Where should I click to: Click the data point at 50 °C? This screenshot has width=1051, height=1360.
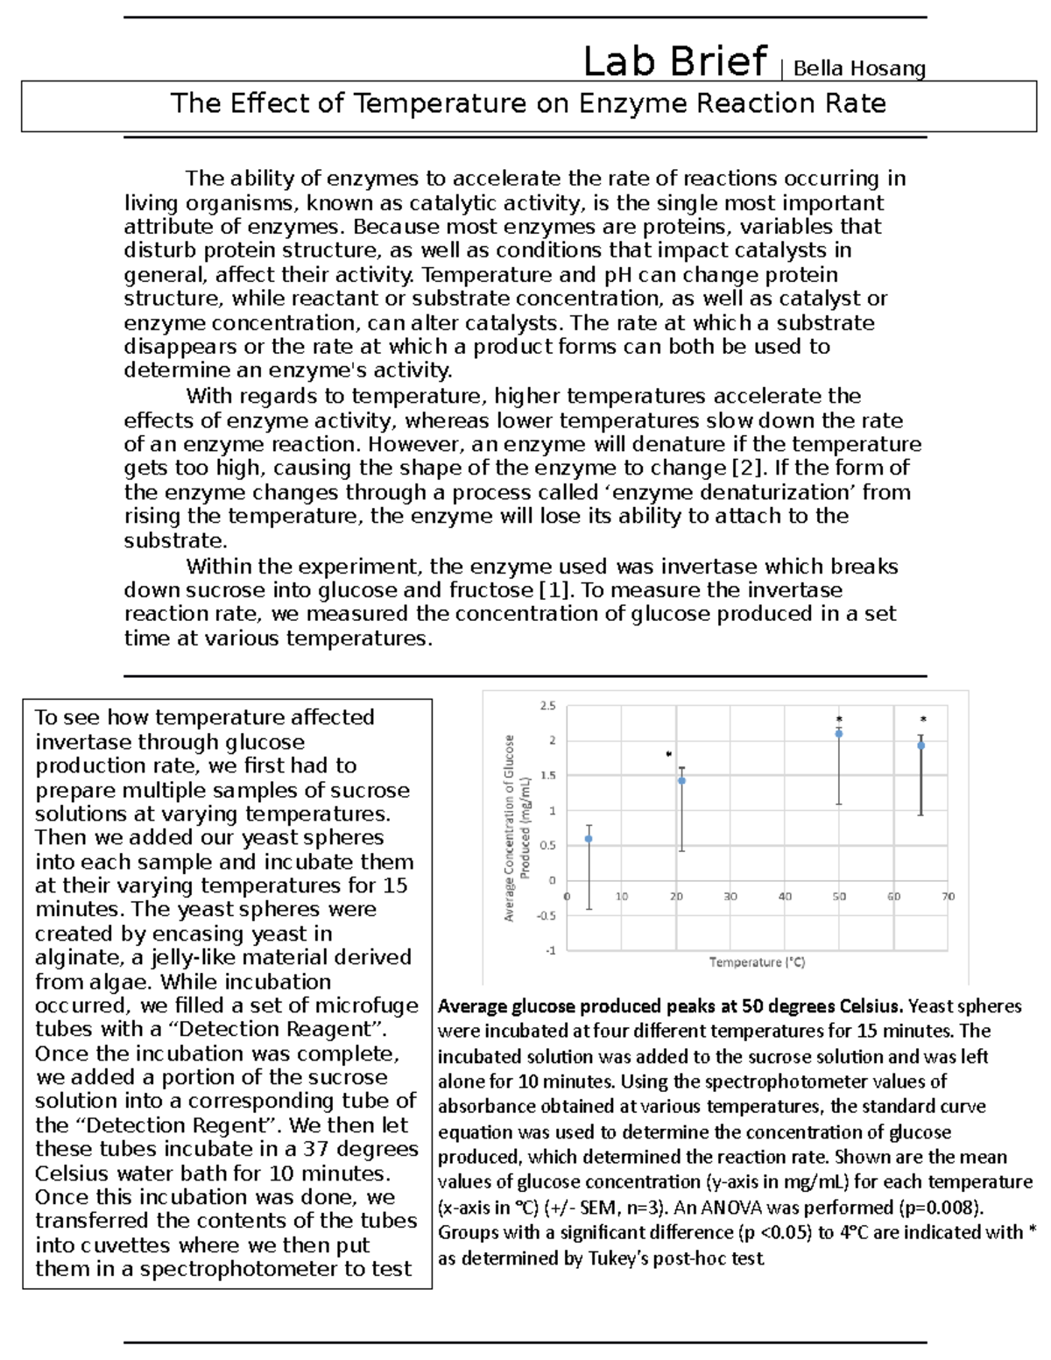839,734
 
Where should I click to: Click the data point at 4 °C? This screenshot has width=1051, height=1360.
589,839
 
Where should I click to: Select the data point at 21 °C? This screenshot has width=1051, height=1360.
681,780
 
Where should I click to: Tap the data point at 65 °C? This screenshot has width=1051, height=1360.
921,745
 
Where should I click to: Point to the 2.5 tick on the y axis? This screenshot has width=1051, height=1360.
547,706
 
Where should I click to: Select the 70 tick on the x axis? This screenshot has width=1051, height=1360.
948,897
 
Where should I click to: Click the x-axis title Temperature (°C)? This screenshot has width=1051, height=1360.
757,962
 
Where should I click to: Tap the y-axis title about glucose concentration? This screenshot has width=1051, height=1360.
517,827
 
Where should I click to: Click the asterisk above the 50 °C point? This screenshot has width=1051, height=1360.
839,720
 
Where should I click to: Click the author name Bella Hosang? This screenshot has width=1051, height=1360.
859,68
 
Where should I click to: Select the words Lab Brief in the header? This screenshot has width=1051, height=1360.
674,61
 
